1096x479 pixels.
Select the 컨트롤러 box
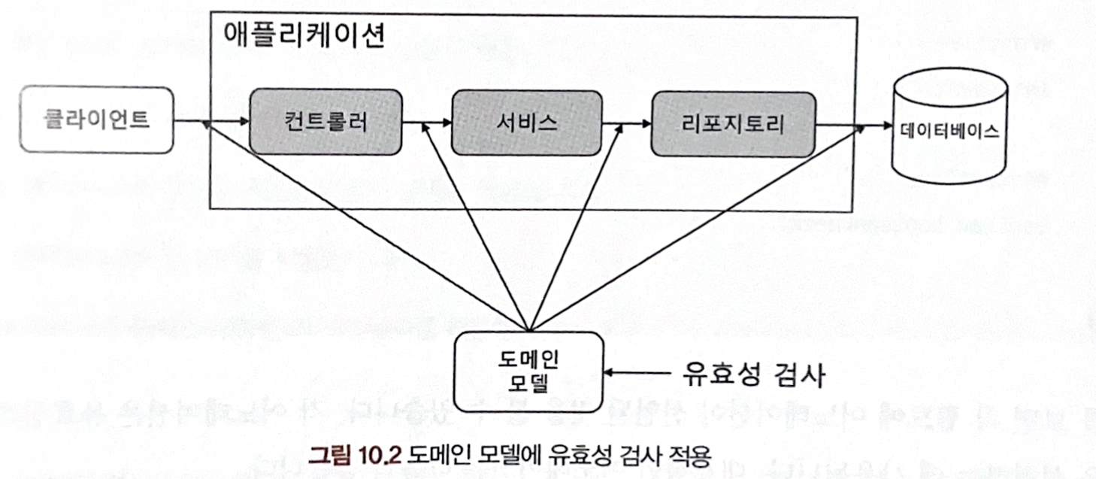click(x=326, y=123)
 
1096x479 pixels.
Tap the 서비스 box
click(x=527, y=122)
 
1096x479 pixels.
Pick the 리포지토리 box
click(x=734, y=124)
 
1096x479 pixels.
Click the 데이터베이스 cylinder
click(x=949, y=130)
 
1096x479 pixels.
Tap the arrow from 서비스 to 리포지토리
click(x=627, y=123)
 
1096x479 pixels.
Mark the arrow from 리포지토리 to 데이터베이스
click(x=852, y=125)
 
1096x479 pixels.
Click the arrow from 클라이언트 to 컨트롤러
click(x=211, y=121)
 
